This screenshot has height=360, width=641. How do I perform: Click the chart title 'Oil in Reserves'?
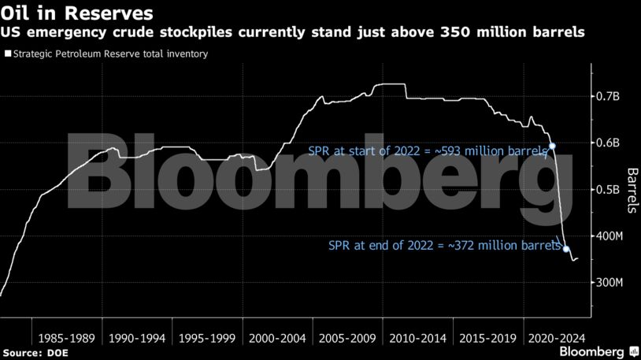[77, 13]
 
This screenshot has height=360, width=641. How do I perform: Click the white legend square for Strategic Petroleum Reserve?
[7, 54]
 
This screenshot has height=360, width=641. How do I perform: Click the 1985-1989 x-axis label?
[65, 338]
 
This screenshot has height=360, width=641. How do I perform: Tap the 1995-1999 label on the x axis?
[206, 338]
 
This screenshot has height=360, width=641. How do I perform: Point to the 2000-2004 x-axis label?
[277, 338]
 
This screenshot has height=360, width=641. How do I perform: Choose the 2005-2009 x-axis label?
[347, 338]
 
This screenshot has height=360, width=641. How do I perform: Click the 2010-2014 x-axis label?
[418, 338]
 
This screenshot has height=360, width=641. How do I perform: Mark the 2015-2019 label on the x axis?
[488, 338]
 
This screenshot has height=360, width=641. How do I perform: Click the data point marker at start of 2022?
[552, 146]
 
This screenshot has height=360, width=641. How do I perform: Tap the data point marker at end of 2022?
[566, 249]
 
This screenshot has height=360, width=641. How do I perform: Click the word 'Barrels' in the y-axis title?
[632, 191]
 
